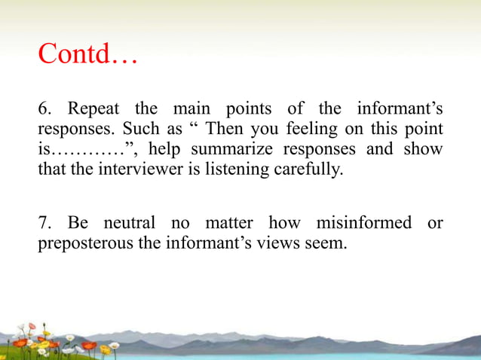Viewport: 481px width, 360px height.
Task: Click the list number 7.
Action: (44, 224)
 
